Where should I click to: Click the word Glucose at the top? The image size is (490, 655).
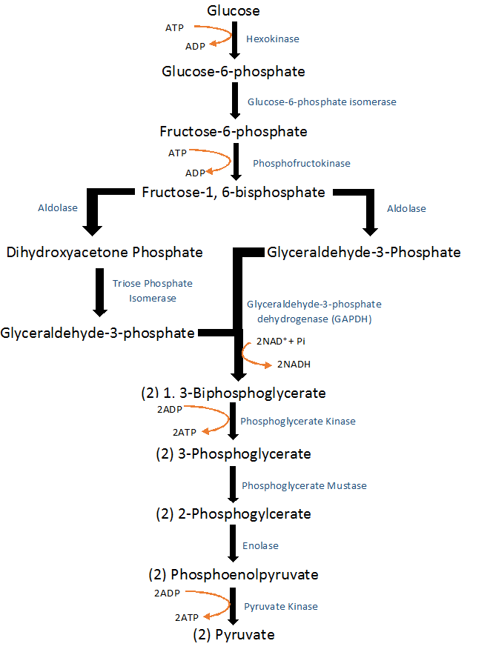234,10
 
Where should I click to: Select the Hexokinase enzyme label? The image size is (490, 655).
273,39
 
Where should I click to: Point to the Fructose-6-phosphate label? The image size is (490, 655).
234,132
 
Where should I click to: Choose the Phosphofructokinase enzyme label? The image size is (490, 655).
302,163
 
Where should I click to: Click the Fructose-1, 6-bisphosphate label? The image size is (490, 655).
234,193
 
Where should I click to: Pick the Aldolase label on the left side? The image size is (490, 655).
58,208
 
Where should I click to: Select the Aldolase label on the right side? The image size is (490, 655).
406,209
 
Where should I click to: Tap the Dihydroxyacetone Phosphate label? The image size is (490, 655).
105,253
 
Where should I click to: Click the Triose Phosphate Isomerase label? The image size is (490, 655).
152,290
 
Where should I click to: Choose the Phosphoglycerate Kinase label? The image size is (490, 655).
297,421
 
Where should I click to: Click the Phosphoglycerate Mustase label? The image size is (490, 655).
304,485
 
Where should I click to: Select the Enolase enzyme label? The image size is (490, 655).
260,545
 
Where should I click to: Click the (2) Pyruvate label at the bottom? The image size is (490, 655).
234,635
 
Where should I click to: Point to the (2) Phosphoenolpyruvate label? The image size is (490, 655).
234,574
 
